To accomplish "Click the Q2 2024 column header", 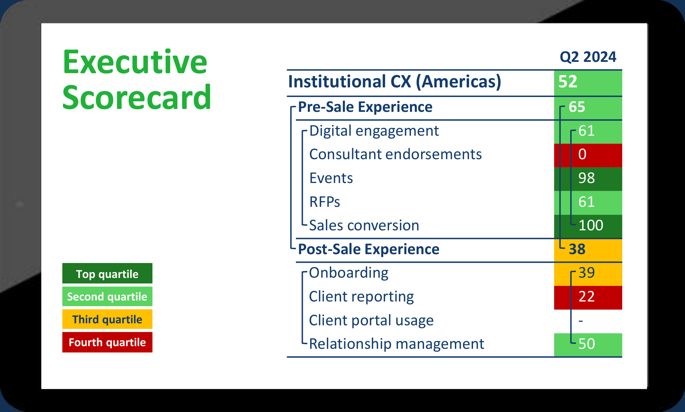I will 588,57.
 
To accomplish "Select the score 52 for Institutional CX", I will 568,81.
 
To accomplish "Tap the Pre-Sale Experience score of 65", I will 577,107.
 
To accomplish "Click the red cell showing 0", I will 583,155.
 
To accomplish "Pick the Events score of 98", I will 586,178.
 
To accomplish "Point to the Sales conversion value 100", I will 591,226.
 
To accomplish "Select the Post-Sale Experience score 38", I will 577,249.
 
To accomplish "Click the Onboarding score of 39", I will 586,273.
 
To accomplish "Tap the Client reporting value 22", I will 586,297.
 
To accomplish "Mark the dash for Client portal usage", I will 581,321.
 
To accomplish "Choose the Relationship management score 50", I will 586,344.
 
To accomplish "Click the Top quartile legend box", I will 107,274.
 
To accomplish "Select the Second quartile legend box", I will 107,297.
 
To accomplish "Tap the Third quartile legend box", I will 107,319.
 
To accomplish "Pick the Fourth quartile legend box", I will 107,342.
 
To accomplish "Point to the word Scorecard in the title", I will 137,97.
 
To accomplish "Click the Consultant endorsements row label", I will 395,155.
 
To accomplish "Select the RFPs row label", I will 325,202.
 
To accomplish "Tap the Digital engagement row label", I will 374,131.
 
